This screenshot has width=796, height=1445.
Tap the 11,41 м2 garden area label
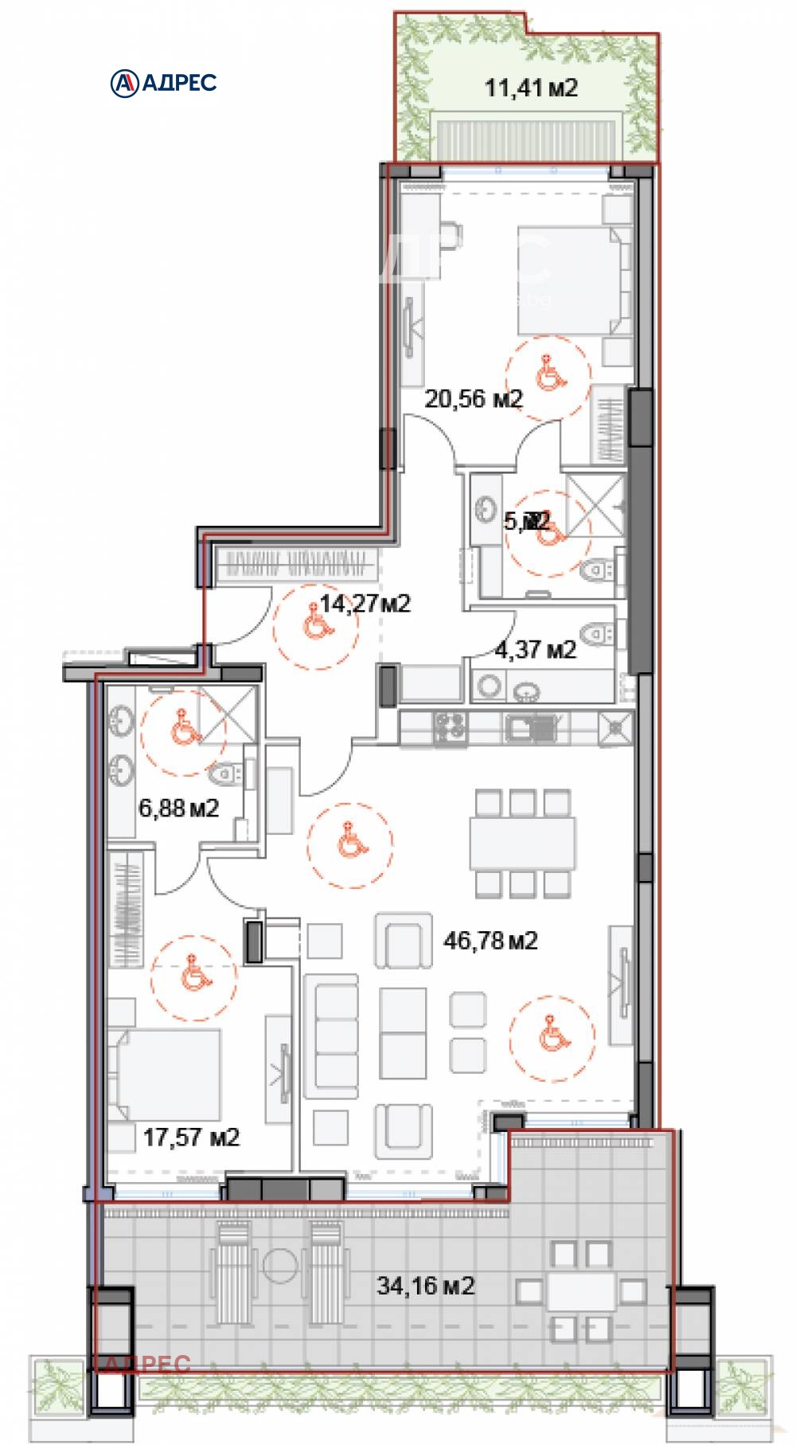(531, 88)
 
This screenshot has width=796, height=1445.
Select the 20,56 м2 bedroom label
(473, 398)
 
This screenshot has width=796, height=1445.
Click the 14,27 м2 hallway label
(365, 604)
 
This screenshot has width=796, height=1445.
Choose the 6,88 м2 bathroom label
(179, 809)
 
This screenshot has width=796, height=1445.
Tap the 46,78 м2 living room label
(490, 941)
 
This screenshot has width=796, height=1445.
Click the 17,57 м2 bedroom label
(191, 1137)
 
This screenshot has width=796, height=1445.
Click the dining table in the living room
(522, 844)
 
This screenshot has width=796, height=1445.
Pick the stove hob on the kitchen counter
(451, 726)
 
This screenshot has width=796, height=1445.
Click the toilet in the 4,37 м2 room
(595, 634)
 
